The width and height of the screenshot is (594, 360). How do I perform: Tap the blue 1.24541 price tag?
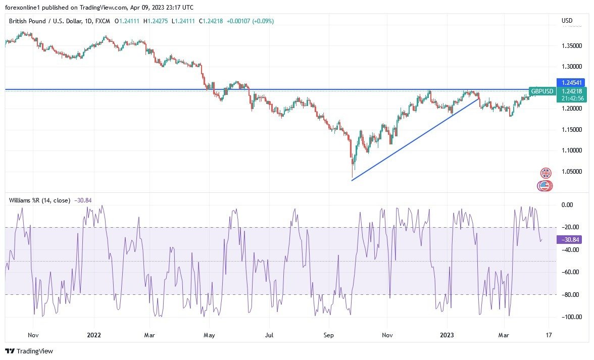[570, 82]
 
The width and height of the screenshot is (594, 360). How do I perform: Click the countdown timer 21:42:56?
[570, 98]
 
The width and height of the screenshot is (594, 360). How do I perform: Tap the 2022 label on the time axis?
[94, 334]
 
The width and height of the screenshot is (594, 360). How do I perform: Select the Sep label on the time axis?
[329, 334]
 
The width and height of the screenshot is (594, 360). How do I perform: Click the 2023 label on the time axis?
[447, 334]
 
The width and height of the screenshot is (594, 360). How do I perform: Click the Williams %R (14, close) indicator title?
[39, 200]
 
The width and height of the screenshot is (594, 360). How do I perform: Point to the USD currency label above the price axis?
[567, 21]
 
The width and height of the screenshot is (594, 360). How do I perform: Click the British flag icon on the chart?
[546, 173]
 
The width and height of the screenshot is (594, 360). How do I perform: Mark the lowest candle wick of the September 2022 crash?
[352, 177]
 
